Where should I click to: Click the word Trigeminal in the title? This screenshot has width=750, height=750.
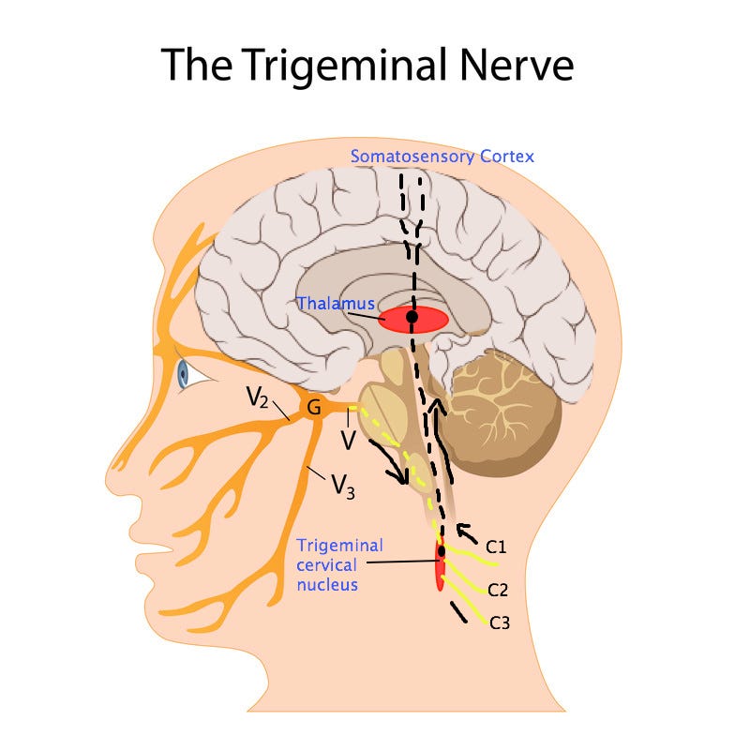pyautogui.click(x=344, y=65)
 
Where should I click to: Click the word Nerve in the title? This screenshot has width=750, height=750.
pyautogui.click(x=517, y=64)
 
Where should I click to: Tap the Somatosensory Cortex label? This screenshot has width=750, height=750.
pyautogui.click(x=442, y=157)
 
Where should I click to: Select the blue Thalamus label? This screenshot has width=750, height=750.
pyautogui.click(x=336, y=303)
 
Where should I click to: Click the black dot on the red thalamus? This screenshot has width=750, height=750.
pyautogui.click(x=412, y=317)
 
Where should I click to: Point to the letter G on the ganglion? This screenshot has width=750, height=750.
pyautogui.click(x=314, y=408)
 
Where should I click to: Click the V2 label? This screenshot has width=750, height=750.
pyautogui.click(x=257, y=397)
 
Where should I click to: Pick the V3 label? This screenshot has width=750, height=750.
pyautogui.click(x=343, y=487)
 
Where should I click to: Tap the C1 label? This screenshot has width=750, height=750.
pyautogui.click(x=496, y=547)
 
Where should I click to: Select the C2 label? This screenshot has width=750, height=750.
pyautogui.click(x=498, y=590)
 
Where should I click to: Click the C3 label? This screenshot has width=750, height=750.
pyautogui.click(x=500, y=622)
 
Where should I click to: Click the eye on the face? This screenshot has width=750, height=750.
pyautogui.click(x=183, y=373)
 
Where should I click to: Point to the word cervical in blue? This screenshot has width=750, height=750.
pyautogui.click(x=326, y=565)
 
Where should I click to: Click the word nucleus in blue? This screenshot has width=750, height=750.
pyautogui.click(x=327, y=584)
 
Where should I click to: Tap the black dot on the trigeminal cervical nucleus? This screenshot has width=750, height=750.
pyautogui.click(x=441, y=551)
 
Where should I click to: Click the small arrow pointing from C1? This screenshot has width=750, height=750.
pyautogui.click(x=466, y=532)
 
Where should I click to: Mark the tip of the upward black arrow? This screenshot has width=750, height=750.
pyautogui.click(x=435, y=401)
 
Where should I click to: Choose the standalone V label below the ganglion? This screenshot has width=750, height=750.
pyautogui.click(x=349, y=440)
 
